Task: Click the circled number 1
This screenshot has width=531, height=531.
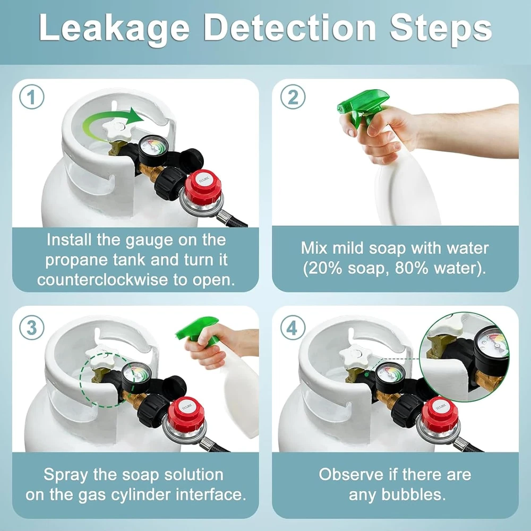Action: pyautogui.click(x=32, y=97)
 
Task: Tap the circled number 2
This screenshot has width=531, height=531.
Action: pyautogui.click(x=293, y=97)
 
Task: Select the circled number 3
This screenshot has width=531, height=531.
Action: pyautogui.click(x=32, y=328)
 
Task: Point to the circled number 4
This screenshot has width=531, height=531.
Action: pyautogui.click(x=293, y=328)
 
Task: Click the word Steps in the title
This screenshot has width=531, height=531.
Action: pyautogui.click(x=440, y=28)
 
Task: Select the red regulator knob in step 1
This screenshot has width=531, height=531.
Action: pyautogui.click(x=202, y=186)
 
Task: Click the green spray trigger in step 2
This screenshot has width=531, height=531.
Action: pyautogui.click(x=362, y=106)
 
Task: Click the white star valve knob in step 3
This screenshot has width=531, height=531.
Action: pyautogui.click(x=100, y=357)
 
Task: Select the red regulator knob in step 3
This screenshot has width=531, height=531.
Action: pyautogui.click(x=186, y=413)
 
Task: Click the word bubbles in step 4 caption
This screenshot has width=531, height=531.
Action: pyautogui.click(x=413, y=494)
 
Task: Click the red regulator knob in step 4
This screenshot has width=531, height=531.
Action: pyautogui.click(x=440, y=414)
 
